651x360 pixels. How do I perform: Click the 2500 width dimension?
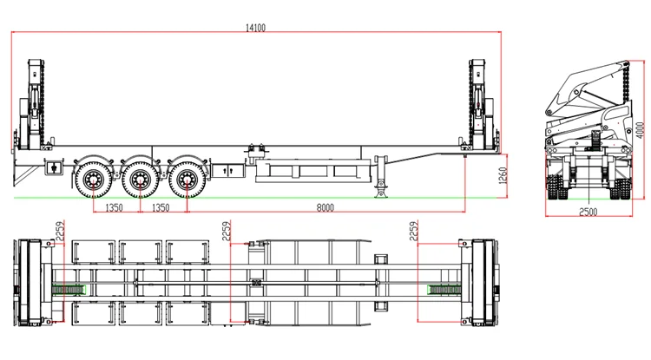[589, 212]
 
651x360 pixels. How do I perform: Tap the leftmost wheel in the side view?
[90, 180]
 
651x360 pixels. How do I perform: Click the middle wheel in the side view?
[137, 180]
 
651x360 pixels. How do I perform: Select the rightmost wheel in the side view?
[184, 180]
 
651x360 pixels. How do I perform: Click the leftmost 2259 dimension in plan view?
[60, 232]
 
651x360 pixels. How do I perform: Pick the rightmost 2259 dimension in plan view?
[414, 232]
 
